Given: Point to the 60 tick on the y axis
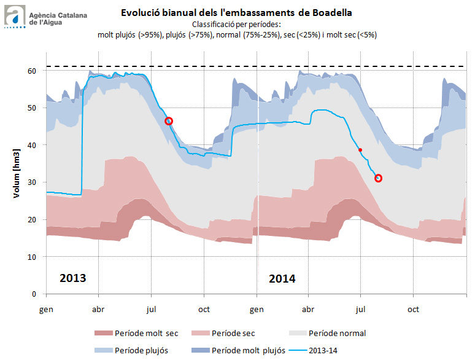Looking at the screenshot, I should coord(31,71).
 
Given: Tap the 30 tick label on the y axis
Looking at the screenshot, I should coord(31,182).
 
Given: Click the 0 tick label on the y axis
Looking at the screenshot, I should coord(34,294).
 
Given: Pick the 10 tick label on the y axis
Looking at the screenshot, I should coord(31,257).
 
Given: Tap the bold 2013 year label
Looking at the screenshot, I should coord(72,278).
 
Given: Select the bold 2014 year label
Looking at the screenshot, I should coord(282,278).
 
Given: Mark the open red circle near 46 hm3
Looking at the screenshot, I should coord(169,121).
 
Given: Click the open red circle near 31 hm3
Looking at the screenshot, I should coord(378,178).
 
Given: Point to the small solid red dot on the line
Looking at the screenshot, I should coord(360,150).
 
